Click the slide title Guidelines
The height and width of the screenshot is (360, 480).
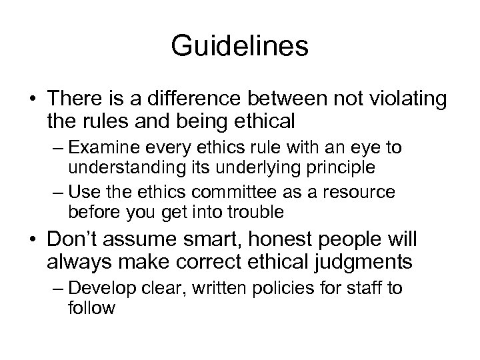[x=239, y=47]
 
